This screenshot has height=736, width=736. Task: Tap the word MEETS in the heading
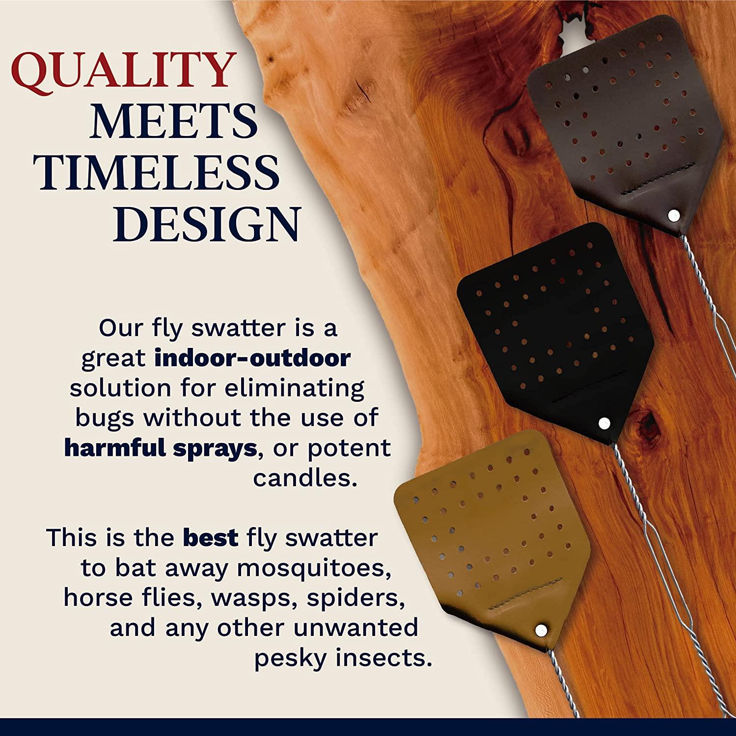174,121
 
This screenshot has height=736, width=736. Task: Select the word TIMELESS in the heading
159,173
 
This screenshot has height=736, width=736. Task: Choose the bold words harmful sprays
160,448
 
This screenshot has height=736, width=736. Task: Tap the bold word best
211,538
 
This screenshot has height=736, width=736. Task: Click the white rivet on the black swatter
604,422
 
